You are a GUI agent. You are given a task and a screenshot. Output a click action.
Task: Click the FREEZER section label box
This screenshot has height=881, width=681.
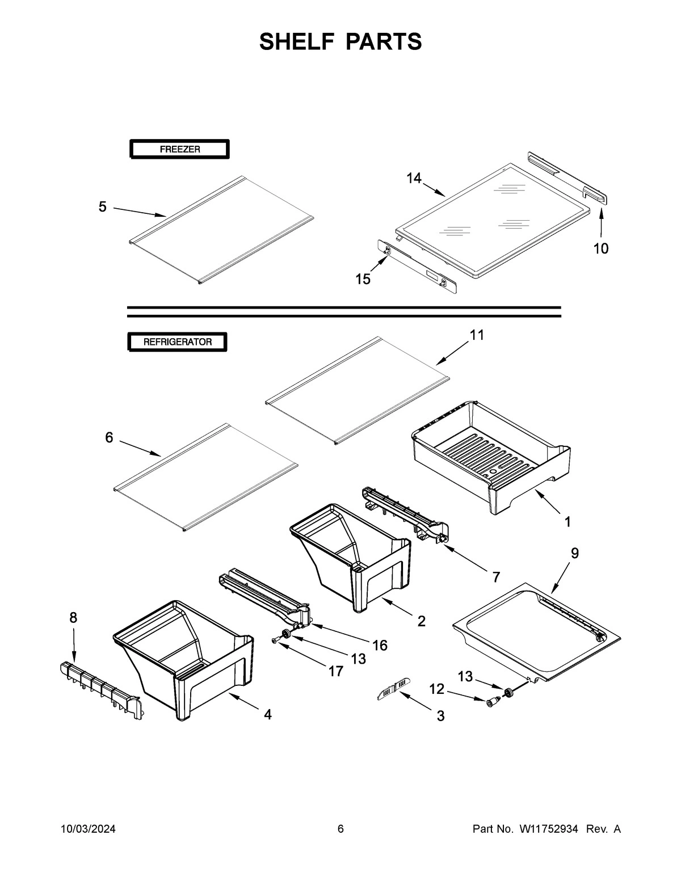(179, 150)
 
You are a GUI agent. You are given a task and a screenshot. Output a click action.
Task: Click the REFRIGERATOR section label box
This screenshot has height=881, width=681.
(177, 342)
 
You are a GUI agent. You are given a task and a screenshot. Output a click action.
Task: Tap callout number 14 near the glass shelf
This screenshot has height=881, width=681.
(414, 178)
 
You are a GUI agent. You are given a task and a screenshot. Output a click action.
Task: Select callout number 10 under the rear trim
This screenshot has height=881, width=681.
(600, 248)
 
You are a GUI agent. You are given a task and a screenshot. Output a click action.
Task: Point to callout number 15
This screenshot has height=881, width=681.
(363, 279)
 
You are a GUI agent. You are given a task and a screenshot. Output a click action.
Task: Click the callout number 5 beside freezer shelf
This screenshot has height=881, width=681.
(102, 207)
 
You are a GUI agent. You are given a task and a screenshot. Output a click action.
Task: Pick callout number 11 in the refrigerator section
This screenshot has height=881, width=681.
(477, 335)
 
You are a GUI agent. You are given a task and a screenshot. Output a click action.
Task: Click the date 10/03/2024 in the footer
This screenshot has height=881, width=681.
(88, 829)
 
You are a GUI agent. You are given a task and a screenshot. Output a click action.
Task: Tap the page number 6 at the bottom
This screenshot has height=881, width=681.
(340, 829)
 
